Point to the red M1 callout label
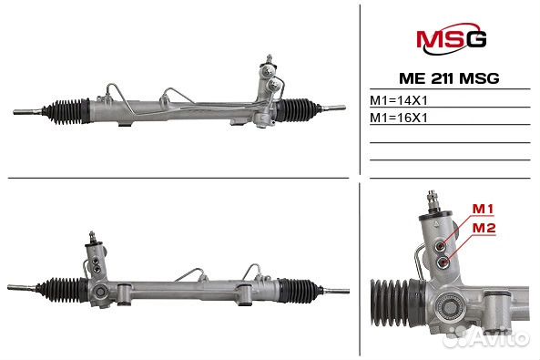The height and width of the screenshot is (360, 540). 484,210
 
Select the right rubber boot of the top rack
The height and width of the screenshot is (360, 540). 297,111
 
